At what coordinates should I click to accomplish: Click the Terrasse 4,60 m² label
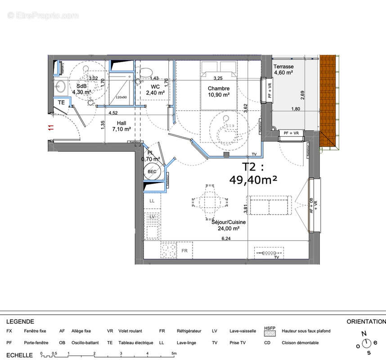point(284,69)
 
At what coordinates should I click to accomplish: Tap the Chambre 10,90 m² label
point(219,91)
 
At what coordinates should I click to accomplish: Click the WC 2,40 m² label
point(155,90)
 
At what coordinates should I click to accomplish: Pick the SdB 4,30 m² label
point(81,89)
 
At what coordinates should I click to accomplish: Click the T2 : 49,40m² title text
point(253,174)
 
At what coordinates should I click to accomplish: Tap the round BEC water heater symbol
point(152,171)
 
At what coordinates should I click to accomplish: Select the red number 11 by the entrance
point(50,128)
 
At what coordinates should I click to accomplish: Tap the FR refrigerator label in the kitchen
point(184,250)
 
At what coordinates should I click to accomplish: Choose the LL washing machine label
point(152,201)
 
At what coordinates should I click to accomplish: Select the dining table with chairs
point(208,201)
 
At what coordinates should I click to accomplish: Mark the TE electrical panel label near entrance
point(61,103)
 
